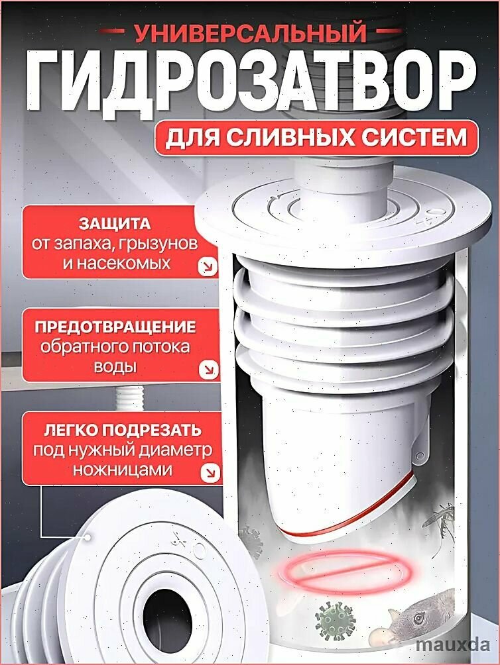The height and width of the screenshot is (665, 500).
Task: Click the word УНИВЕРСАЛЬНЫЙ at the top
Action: coord(250,31)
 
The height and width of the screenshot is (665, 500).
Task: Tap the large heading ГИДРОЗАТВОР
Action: coord(250,80)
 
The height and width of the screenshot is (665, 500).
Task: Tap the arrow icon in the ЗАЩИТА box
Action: coord(208,267)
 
